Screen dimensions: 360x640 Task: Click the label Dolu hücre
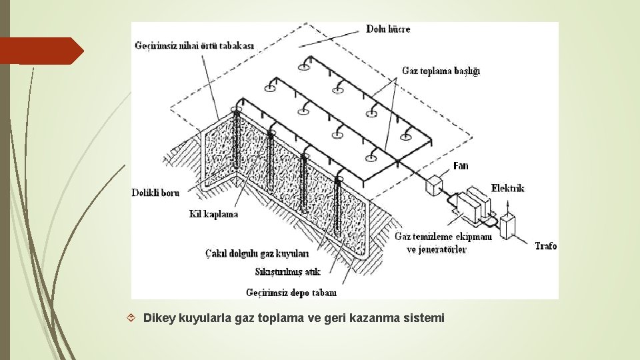click(388, 29)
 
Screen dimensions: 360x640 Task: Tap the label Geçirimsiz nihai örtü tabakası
click(195, 45)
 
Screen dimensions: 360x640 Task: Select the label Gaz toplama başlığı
click(441, 71)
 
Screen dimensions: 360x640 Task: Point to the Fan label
click(460, 166)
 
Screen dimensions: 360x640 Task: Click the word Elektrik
click(508, 188)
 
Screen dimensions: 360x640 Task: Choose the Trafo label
click(545, 246)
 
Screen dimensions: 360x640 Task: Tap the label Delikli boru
click(155, 193)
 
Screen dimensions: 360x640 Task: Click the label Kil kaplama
click(213, 215)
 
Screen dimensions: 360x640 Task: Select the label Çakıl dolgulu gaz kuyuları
click(257, 253)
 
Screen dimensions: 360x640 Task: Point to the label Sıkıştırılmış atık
click(288, 271)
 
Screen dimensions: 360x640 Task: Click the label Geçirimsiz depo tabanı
click(291, 292)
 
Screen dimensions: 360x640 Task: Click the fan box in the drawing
click(435, 185)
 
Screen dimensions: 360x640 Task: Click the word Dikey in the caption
click(159, 318)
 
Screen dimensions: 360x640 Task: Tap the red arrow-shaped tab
click(40, 51)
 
